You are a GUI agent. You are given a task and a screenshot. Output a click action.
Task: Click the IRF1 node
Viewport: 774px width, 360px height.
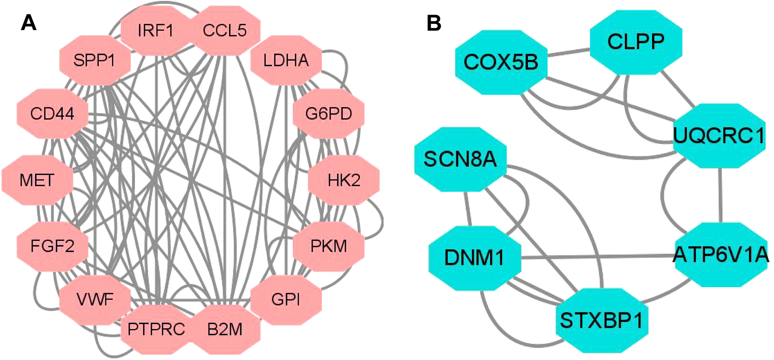(155, 30)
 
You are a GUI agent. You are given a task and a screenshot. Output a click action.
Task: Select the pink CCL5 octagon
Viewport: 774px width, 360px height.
(225, 30)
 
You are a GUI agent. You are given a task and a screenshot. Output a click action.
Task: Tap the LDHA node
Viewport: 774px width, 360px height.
(286, 61)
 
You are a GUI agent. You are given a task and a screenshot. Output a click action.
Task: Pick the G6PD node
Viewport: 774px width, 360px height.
(329, 114)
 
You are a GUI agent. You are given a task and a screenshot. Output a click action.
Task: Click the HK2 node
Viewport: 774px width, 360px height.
(344, 180)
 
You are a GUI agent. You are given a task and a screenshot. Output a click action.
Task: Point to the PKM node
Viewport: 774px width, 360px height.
(329, 246)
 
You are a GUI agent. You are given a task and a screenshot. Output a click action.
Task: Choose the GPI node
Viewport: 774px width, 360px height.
(286, 299)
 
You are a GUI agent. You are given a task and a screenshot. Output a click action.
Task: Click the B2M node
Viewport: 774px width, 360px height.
(225, 330)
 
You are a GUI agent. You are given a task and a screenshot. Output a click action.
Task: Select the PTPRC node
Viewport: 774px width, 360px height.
(156, 330)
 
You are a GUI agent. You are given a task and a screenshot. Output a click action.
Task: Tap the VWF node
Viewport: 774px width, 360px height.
(95, 299)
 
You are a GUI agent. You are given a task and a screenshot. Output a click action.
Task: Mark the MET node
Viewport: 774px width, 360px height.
(37, 180)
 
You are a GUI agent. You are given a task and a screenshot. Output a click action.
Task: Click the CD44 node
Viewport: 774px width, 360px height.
(52, 114)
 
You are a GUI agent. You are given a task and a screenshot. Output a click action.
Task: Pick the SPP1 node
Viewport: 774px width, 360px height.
(94, 61)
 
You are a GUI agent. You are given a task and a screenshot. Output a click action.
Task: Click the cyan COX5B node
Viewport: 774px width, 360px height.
(501, 62)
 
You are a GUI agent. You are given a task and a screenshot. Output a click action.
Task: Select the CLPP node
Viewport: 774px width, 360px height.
(636, 42)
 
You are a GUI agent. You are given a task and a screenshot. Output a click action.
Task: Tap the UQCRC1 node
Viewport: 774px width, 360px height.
(719, 135)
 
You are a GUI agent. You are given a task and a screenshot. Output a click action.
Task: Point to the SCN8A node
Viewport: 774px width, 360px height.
(460, 159)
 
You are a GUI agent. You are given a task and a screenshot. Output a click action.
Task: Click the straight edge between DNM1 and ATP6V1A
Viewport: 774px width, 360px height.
(598, 257)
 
